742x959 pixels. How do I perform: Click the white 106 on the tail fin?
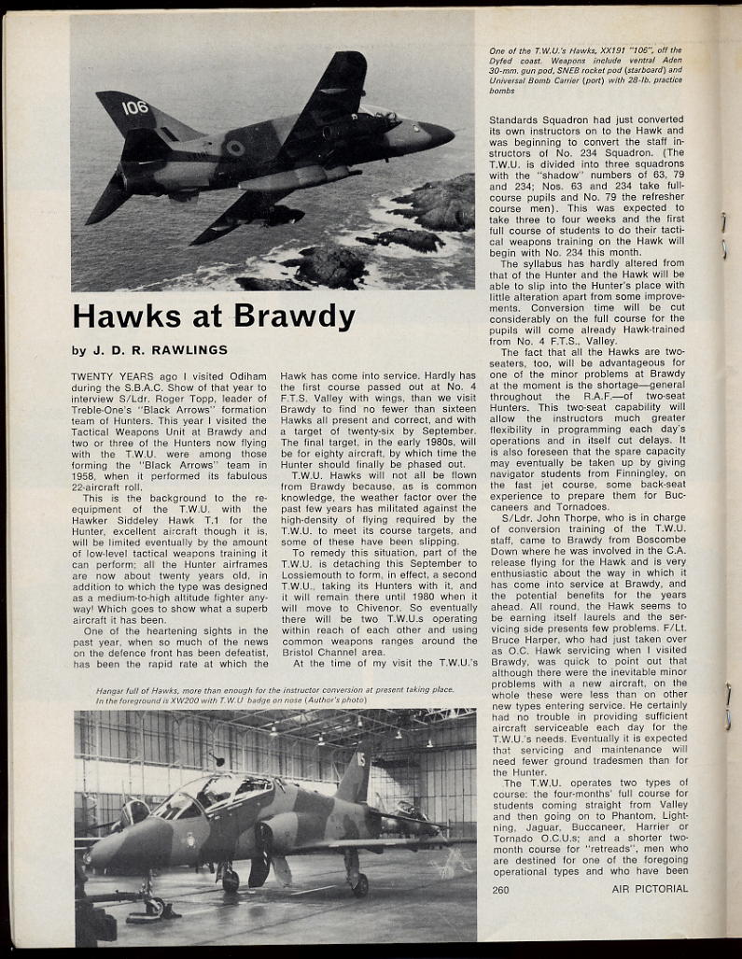pyautogui.click(x=135, y=107)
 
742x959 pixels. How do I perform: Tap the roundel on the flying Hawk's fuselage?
pyautogui.click(x=235, y=148)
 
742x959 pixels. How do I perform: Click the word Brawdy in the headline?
pyautogui.click(x=295, y=317)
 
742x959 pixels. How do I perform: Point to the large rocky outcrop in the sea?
pyautogui.click(x=425, y=201)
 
